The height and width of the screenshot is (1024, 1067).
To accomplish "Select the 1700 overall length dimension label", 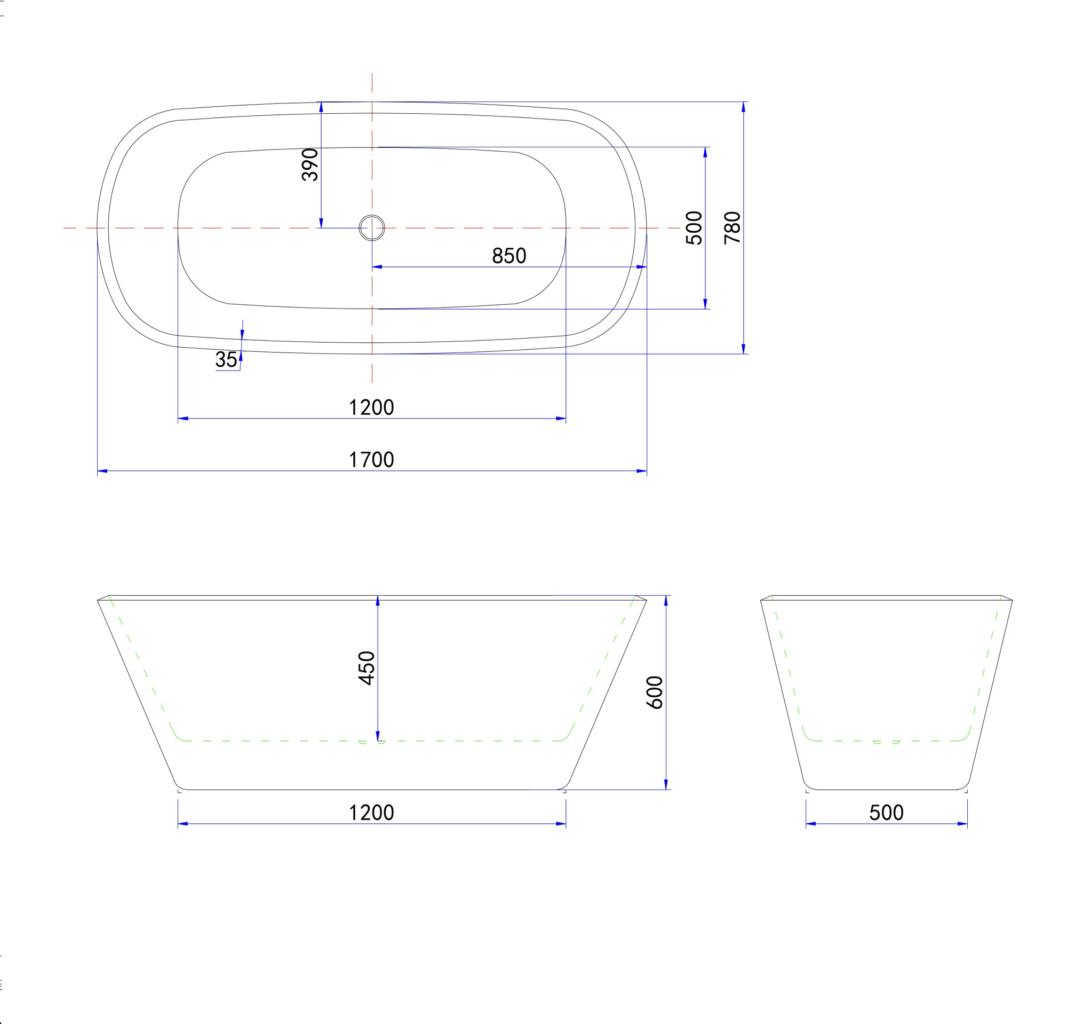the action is point(371,460).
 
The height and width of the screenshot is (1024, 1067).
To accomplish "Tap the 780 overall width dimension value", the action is point(732,227).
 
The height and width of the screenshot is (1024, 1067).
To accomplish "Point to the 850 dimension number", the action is point(509,255).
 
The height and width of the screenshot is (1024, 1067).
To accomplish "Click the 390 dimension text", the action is point(310,164).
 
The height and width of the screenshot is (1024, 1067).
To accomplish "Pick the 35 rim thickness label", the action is point(226,359).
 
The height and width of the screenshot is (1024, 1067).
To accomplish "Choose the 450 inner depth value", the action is point(367,668).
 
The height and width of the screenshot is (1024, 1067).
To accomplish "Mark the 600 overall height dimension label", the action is point(655,692).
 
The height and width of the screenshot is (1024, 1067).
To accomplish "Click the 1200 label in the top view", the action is point(371,407).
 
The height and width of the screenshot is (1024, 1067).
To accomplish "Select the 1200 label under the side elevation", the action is point(371,813).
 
